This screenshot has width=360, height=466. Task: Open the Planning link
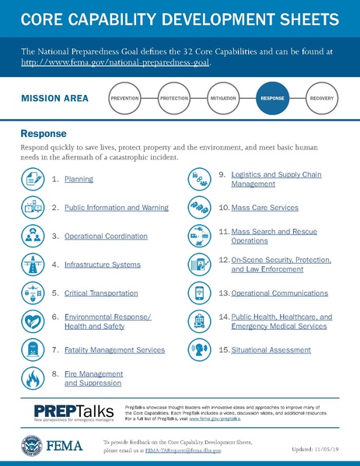79,180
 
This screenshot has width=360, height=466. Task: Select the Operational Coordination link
105,236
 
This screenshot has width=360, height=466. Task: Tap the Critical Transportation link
100,293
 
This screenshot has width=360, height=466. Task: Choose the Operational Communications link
279,293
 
